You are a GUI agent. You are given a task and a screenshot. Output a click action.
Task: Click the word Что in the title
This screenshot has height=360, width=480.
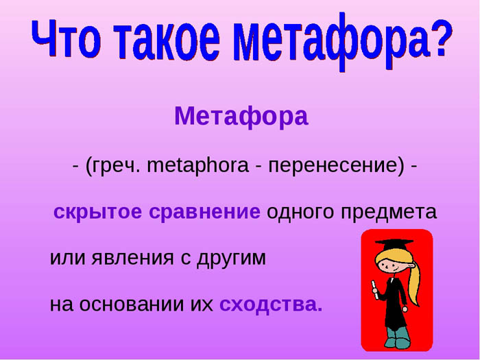pos(66,38)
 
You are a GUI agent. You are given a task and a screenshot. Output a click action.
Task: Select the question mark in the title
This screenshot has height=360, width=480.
pos(440,38)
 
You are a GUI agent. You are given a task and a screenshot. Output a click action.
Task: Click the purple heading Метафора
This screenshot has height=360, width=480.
pos(241,117)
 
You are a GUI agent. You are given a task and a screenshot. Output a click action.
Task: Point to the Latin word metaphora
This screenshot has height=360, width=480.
pos(197,165)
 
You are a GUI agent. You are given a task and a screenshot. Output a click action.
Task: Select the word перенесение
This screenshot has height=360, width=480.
pos(336,166)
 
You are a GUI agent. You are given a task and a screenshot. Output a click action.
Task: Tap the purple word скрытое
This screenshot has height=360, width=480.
pos(97,212)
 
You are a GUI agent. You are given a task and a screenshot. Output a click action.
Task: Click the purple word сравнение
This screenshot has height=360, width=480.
pos(204,212)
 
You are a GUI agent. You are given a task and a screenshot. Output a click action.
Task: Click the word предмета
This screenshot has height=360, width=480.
pos(389,212)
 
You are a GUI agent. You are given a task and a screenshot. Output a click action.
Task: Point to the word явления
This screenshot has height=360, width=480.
pos(133,259)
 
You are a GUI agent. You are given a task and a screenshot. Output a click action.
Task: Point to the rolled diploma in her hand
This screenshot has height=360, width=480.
pos(374,289)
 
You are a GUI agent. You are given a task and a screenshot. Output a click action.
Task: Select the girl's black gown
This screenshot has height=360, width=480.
pos(394,303)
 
